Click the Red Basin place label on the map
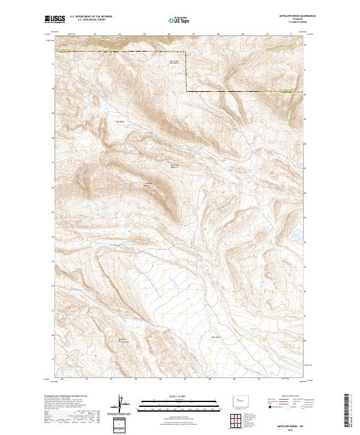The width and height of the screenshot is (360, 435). [x=119, y=122]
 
